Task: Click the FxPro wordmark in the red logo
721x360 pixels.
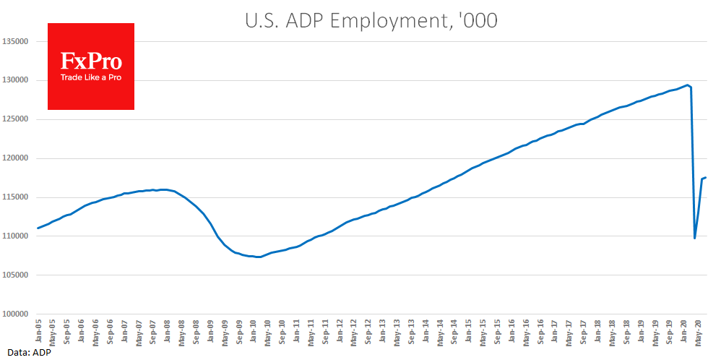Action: [91, 61]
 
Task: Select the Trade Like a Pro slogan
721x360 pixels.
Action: [91, 77]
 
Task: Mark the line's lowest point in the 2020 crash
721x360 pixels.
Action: [695, 238]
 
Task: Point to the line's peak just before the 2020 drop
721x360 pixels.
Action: [687, 85]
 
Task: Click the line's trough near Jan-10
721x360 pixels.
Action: [258, 257]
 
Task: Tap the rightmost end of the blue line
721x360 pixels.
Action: [706, 177]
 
